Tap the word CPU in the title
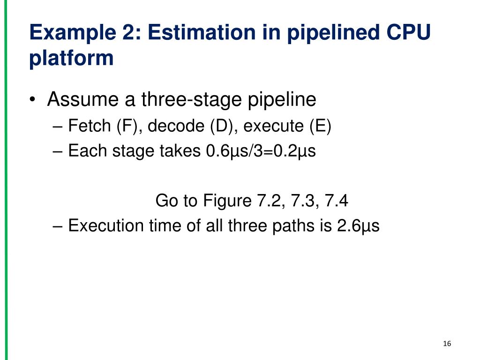(x=408, y=34)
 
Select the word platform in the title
(x=71, y=59)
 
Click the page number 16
(x=446, y=345)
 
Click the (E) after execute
(x=320, y=126)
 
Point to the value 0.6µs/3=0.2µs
(x=261, y=151)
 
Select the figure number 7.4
(x=335, y=201)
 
